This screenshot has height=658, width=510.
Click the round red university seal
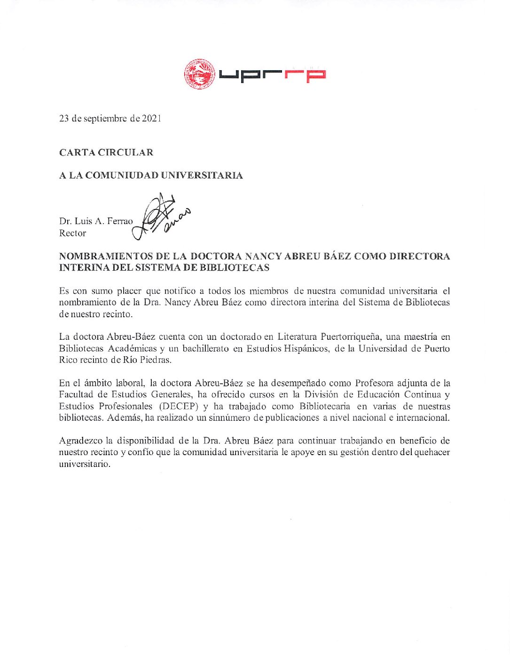point(199,74)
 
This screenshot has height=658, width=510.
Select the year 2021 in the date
point(151,119)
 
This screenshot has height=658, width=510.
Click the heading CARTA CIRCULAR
point(106,152)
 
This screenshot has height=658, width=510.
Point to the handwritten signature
point(160,216)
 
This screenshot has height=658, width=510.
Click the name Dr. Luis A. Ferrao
point(96,221)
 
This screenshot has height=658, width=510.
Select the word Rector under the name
point(72,233)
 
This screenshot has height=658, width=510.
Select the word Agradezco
point(80,441)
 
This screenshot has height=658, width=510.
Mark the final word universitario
point(85,464)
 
